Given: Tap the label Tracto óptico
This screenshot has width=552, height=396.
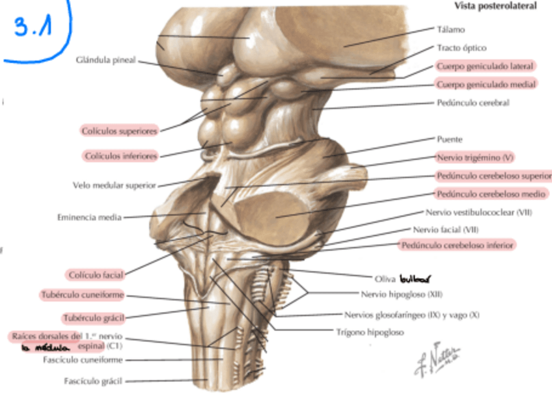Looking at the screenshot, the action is tap(462, 48).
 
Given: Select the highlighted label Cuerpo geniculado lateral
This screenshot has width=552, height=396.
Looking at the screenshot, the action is tap(486, 66).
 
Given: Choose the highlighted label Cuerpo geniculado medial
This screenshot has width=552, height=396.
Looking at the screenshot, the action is tap(486, 85).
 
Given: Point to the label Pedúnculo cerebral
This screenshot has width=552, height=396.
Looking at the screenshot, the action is tap(473, 103).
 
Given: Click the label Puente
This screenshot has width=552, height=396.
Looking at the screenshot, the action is tap(450, 139).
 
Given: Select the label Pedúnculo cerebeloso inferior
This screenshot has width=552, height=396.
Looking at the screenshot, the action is tap(458, 245).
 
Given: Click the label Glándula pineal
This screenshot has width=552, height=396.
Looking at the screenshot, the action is tap(105, 60).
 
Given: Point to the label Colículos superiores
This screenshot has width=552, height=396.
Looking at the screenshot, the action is tap(120, 131).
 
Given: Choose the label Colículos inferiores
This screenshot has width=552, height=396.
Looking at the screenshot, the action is tap(121, 156).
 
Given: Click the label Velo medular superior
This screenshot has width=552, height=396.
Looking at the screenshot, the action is tap(115, 185).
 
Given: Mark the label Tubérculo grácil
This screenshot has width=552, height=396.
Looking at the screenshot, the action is tap(94, 318).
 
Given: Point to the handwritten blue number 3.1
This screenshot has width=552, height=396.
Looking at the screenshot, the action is tap(36, 29).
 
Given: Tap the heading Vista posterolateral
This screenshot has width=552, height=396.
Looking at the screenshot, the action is tap(496, 6).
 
